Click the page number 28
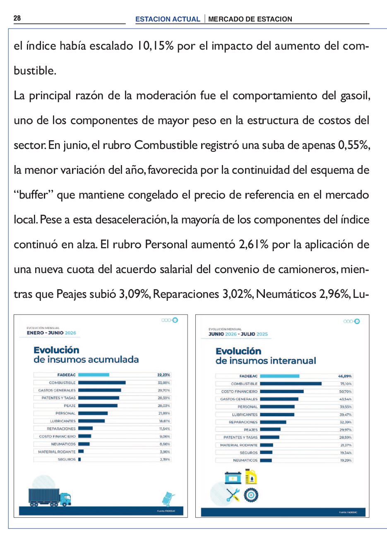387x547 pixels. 17,18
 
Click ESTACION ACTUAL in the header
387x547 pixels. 168,19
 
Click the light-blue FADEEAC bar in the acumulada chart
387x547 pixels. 94,375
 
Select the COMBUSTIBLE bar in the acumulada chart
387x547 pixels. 102,383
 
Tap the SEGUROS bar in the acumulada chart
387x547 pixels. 79,459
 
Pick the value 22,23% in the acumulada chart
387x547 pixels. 163,375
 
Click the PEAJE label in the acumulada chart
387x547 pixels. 70,405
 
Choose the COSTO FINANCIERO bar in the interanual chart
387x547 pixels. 282,391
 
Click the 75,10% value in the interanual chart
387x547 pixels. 346,384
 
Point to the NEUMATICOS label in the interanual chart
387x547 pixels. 245,460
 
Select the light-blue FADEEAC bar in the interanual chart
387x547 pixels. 279,376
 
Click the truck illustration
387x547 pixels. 50,497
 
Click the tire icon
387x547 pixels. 251,495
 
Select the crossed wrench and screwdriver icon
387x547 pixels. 233,495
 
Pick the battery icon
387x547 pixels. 233,478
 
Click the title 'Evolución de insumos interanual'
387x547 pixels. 266,356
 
